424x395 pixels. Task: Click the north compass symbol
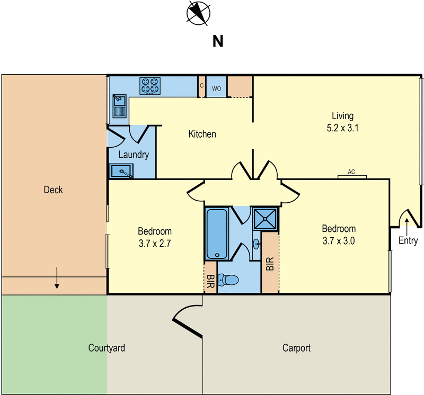click(x=198, y=13)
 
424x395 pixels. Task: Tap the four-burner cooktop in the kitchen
click(x=150, y=86)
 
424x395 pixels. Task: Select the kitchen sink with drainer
click(x=119, y=106)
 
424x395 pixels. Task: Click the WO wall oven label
click(x=216, y=88)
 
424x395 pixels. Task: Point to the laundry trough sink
click(x=121, y=171)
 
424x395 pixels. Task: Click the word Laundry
click(x=134, y=155)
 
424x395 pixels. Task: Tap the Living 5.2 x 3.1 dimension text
click(x=342, y=128)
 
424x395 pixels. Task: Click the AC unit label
click(x=351, y=172)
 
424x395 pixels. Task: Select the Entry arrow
click(x=407, y=227)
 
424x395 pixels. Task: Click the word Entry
click(x=408, y=240)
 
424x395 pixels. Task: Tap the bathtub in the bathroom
click(x=217, y=234)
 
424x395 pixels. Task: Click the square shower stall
click(x=266, y=219)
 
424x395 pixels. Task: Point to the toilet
click(x=228, y=280)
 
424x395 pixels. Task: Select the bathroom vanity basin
click(x=257, y=244)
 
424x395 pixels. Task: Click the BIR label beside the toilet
click(x=210, y=281)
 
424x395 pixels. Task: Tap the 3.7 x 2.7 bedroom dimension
click(x=155, y=244)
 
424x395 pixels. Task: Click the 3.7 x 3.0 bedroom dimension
click(x=339, y=241)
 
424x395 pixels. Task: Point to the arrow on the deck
click(x=57, y=278)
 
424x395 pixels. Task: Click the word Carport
click(x=296, y=348)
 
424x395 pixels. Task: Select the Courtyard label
click(x=107, y=348)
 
